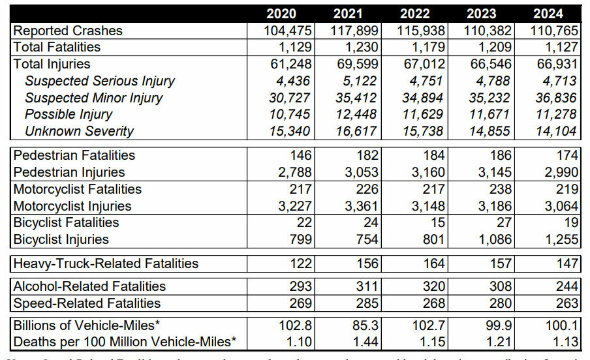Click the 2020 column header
click(x=281, y=14)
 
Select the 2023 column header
click(x=482, y=14)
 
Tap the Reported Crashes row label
click(x=68, y=31)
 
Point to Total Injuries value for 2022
click(x=424, y=64)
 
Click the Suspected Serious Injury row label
click(x=100, y=81)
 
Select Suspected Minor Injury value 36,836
click(x=555, y=98)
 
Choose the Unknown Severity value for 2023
click(x=488, y=131)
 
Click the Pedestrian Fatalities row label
click(x=74, y=155)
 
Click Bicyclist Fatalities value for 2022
click(x=439, y=222)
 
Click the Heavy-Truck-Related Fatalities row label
click(x=106, y=263)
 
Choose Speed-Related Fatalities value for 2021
click(x=367, y=303)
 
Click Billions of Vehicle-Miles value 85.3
click(x=365, y=325)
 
